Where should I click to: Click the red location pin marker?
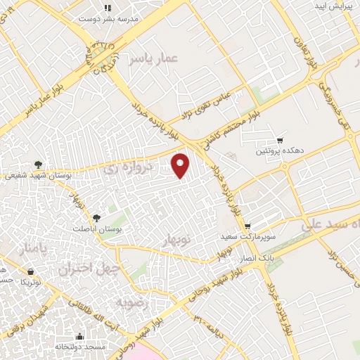(181, 165)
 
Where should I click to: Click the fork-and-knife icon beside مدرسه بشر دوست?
(108, 8)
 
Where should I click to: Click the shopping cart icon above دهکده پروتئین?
(280, 141)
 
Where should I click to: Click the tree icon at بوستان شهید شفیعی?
(38, 165)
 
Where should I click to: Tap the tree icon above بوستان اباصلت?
(96, 217)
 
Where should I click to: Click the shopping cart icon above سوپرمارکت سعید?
(247, 226)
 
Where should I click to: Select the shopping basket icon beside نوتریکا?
(30, 271)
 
